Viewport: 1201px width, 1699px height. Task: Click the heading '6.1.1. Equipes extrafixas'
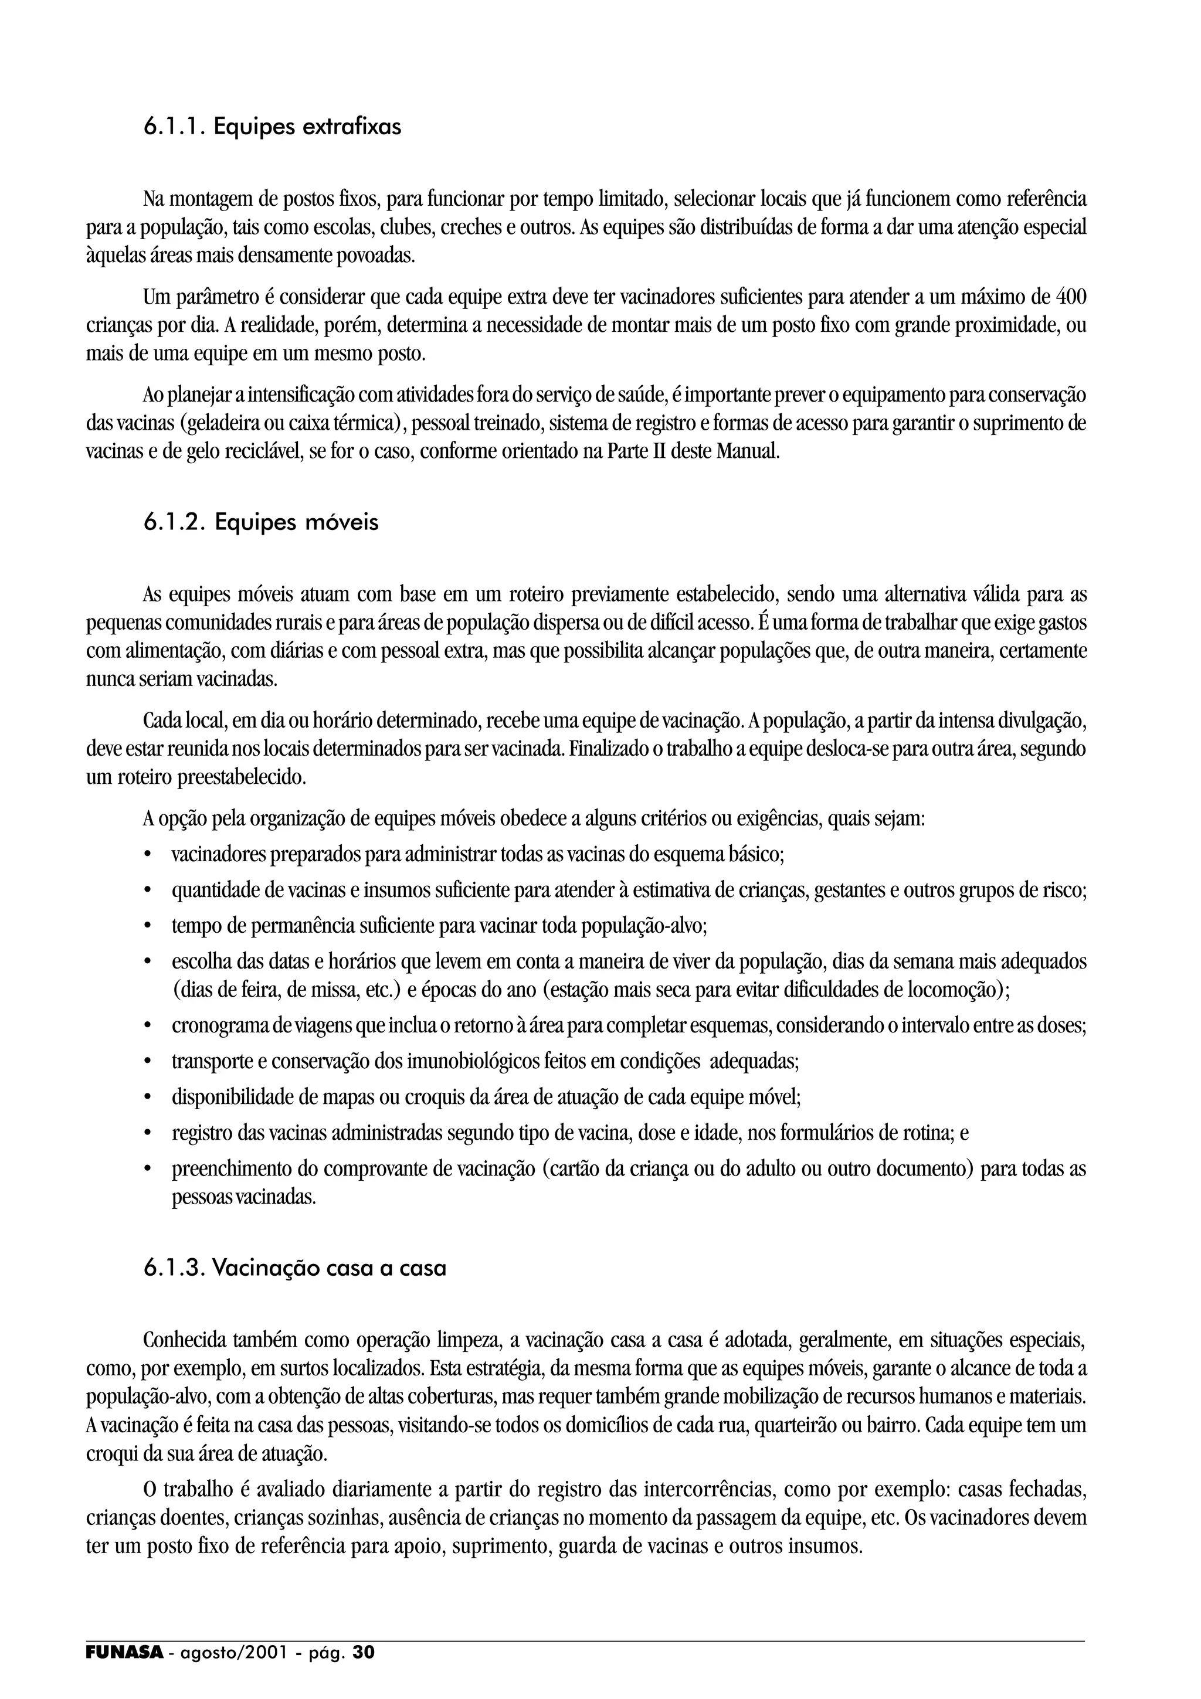[x=272, y=127]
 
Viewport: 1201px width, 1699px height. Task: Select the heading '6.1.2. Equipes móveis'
[x=260, y=522]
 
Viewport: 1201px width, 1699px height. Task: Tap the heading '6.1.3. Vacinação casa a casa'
[x=294, y=1268]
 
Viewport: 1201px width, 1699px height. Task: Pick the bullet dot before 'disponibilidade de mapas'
[x=149, y=1097]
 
